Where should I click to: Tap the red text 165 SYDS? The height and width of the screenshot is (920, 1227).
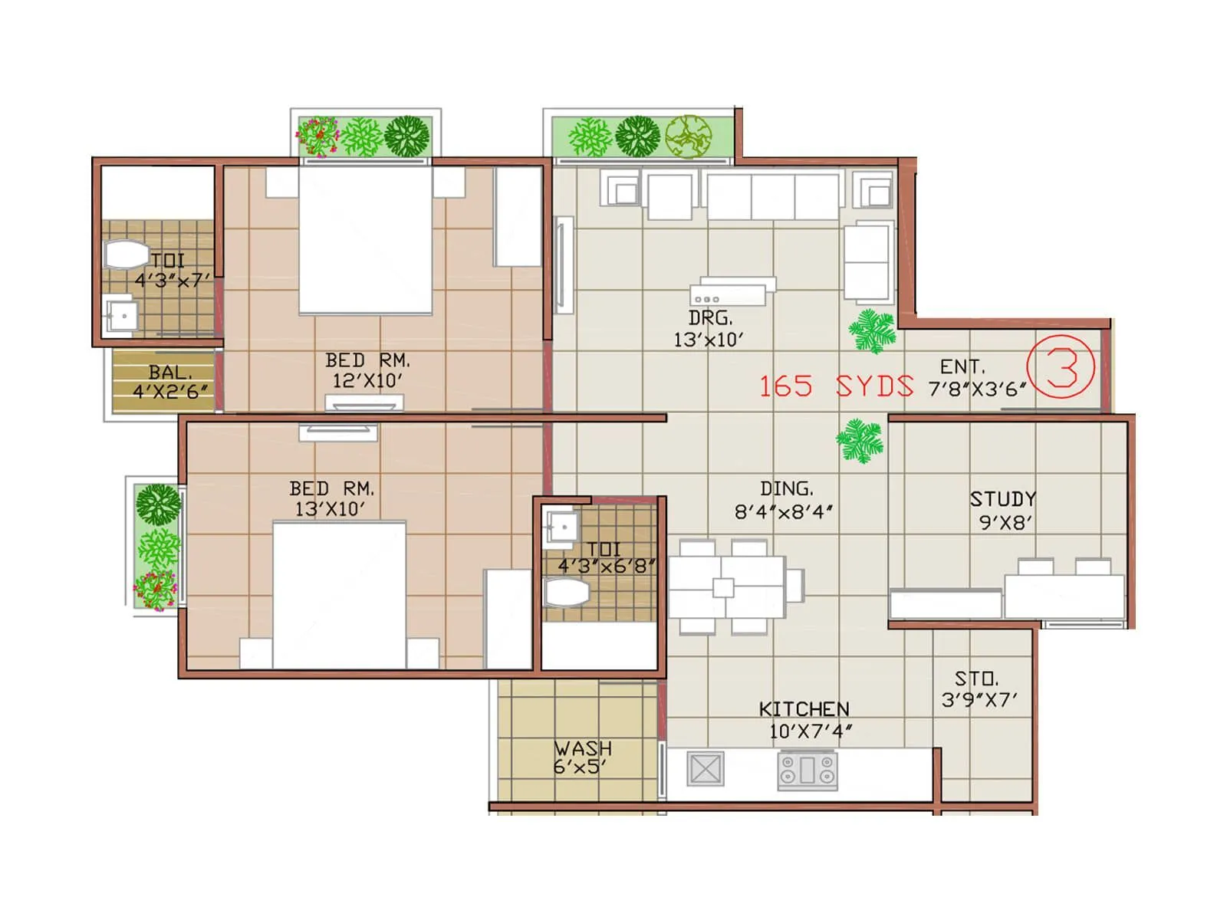(836, 386)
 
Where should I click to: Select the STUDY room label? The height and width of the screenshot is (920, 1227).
(1003, 499)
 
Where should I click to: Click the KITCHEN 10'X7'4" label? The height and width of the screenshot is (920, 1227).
(804, 719)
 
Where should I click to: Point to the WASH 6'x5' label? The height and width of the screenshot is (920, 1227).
(582, 757)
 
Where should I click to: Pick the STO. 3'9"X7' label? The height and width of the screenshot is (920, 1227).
(979, 688)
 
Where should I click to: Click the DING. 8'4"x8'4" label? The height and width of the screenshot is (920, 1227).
(785, 500)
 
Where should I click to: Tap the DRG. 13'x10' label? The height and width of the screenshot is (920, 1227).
(709, 328)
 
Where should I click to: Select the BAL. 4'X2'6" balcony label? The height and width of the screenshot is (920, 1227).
(169, 382)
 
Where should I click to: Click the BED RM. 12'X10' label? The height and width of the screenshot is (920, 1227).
(367, 370)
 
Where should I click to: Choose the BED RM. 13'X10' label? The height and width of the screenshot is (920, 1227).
(331, 498)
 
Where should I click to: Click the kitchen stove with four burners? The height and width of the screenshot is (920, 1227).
(808, 770)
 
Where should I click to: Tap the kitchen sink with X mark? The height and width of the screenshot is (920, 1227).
(705, 769)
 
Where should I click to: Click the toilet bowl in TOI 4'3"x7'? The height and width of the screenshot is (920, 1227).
(125, 255)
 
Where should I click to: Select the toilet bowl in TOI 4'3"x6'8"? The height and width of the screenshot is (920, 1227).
(567, 593)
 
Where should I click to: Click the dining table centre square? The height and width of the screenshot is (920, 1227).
(723, 588)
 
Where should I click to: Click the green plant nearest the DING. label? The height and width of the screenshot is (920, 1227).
(860, 441)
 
